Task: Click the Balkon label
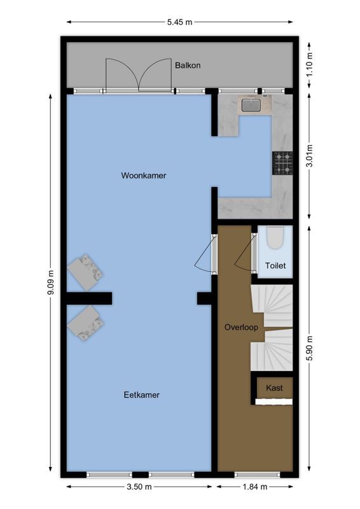coord(188,64)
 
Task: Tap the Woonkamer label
coord(144,176)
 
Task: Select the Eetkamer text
coord(141,394)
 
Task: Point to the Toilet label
coord(275,266)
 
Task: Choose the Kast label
coord(274,387)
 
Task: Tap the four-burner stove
coord(282,163)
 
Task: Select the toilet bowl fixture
coord(275,239)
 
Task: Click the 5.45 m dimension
coord(179,22)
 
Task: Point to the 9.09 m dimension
coord(51,284)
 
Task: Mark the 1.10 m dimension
coord(309,64)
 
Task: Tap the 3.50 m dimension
coord(139,487)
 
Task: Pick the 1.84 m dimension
coord(254,487)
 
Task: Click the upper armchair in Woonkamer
coord(85,270)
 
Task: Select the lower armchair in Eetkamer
coord(86,322)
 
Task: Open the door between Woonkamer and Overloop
coord(214,254)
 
